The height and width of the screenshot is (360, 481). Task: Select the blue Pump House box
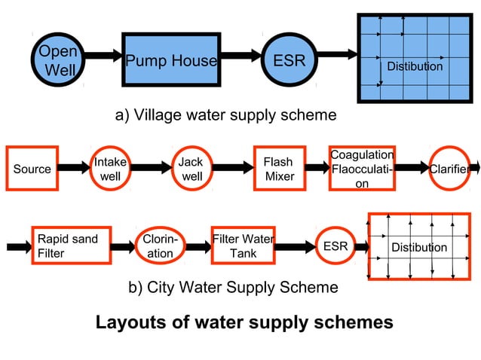170,61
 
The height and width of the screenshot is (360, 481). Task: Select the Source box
32,169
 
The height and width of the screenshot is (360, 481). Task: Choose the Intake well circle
110,169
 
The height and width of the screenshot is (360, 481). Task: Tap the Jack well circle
191,169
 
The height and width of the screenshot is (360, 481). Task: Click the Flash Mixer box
277,169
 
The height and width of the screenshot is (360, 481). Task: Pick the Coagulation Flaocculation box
362,169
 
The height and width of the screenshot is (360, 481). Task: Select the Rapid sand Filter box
70,246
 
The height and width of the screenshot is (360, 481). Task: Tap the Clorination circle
160,246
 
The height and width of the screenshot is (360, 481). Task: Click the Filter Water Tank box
243,246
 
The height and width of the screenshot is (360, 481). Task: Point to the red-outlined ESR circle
335,246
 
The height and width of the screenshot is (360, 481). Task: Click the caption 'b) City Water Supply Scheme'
231,287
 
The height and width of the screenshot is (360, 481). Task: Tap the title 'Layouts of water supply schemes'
244,322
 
